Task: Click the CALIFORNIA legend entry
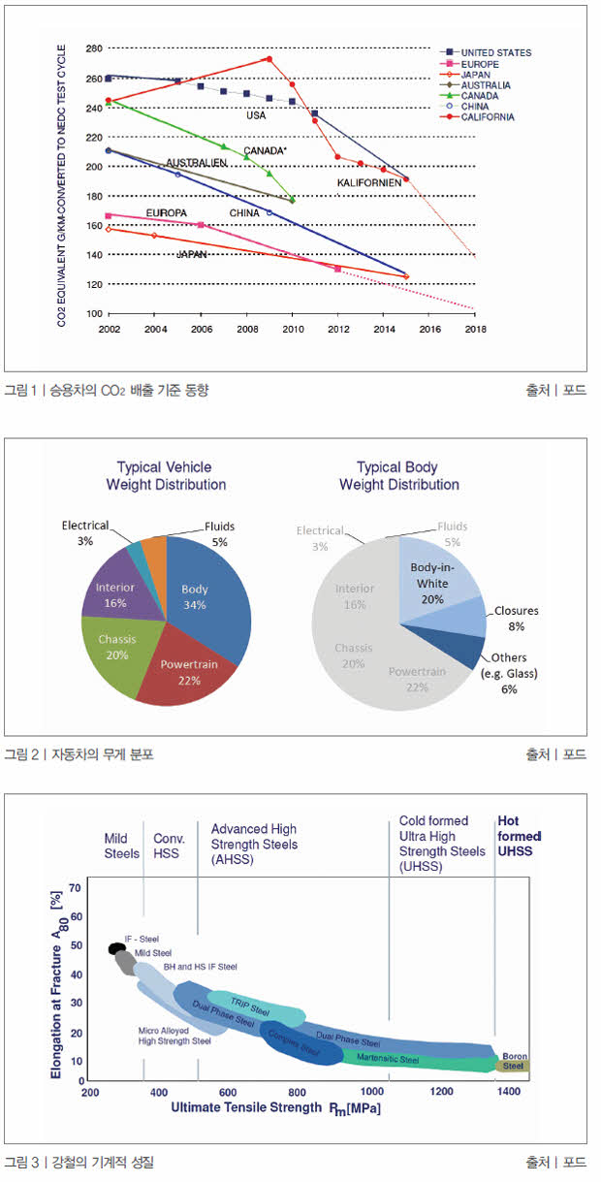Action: pyautogui.click(x=489, y=117)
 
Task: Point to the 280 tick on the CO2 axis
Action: pyautogui.click(x=94, y=48)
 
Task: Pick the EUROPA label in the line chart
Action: pyautogui.click(x=166, y=212)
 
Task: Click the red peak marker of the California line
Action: pyautogui.click(x=269, y=59)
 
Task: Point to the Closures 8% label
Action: pyautogui.click(x=516, y=619)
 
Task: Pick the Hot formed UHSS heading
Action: pyautogui.click(x=519, y=836)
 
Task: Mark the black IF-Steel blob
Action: pyautogui.click(x=116, y=948)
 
